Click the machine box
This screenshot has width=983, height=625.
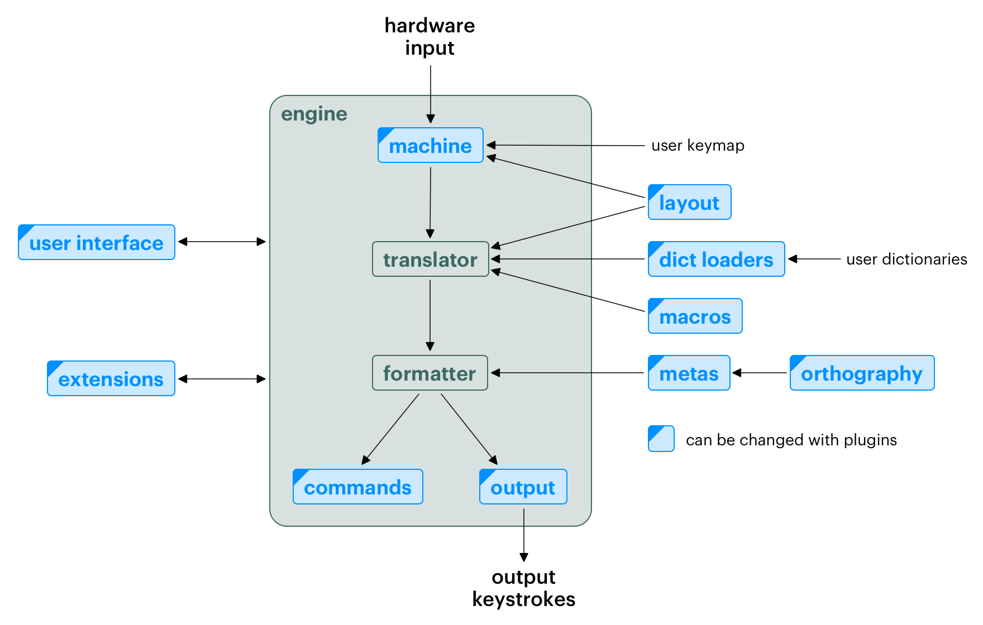point(430,146)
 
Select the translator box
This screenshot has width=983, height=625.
point(430,259)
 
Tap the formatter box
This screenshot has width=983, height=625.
point(430,373)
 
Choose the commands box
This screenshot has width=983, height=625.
point(357,487)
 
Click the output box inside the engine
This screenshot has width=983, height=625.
point(523,487)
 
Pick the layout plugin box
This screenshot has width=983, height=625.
point(689,202)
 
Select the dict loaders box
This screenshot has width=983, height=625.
point(716,259)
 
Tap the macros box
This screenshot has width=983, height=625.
point(695,316)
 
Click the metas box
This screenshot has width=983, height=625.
point(689,373)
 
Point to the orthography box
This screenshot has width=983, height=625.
point(861,373)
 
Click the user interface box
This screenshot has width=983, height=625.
point(96,242)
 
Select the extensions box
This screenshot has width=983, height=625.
point(111,378)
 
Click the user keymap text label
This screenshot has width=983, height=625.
point(698,146)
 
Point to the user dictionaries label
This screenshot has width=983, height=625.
point(906,259)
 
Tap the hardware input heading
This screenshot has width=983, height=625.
point(430,37)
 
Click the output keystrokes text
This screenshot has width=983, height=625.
point(523,588)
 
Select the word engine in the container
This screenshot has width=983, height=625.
point(314,114)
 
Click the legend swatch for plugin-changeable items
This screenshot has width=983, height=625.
point(661,439)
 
